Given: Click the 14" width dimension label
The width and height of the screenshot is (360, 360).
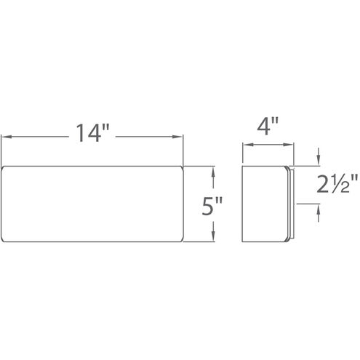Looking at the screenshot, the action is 93,132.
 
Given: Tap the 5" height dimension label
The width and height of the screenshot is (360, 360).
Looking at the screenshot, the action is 212,206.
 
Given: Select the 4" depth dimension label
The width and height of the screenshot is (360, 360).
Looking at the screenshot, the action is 268,126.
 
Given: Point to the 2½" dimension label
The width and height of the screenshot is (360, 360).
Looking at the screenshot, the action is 337,184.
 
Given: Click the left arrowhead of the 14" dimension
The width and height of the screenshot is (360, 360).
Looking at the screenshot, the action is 7,137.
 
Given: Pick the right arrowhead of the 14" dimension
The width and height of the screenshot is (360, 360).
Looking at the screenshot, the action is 177,137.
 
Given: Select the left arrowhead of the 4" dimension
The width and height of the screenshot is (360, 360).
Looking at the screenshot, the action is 248,145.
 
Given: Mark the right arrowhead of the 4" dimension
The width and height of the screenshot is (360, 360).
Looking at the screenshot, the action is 288,145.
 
